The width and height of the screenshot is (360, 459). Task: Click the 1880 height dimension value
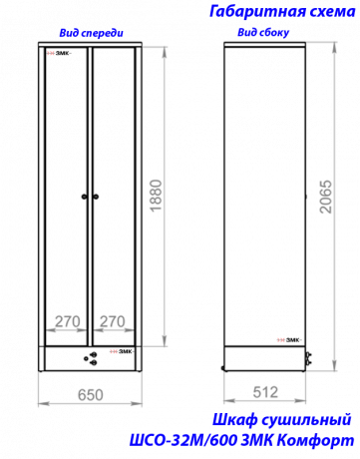(156, 196)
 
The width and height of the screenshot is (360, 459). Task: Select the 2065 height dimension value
(325, 197)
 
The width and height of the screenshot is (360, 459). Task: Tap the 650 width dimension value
(91, 395)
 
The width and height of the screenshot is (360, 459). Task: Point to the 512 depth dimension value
(265, 392)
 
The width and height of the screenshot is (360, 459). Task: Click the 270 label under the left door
(68, 321)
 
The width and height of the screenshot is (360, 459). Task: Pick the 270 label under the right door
(113, 321)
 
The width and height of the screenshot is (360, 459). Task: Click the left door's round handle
(85, 197)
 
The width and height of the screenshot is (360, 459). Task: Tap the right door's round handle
(96, 197)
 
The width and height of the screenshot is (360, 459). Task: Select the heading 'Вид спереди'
(91, 33)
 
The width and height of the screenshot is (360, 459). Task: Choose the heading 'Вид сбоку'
(263, 32)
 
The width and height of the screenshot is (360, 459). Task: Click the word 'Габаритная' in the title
(258, 12)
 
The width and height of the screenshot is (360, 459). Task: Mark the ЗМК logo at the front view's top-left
(59, 53)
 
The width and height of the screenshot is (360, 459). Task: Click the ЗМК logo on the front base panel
(122, 351)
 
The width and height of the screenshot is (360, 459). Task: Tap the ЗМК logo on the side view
(289, 340)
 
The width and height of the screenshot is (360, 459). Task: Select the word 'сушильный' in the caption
(306, 420)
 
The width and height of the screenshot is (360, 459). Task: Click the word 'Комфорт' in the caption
(316, 441)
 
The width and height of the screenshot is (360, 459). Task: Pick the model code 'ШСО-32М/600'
(183, 441)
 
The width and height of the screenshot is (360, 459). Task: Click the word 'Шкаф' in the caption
(235, 420)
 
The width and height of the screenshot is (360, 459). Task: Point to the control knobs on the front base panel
(91, 358)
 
